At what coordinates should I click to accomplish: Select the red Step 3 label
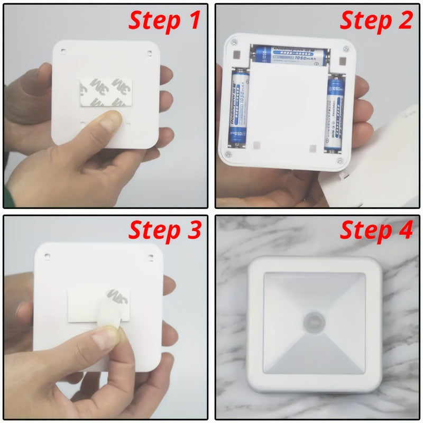tap(164, 231)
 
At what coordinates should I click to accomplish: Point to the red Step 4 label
tap(375, 231)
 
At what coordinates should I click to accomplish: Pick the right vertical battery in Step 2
tap(334, 113)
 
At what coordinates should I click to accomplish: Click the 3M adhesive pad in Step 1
tap(103, 93)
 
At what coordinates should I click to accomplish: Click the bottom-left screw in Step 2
tap(228, 153)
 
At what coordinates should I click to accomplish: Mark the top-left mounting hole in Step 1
tap(63, 51)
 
